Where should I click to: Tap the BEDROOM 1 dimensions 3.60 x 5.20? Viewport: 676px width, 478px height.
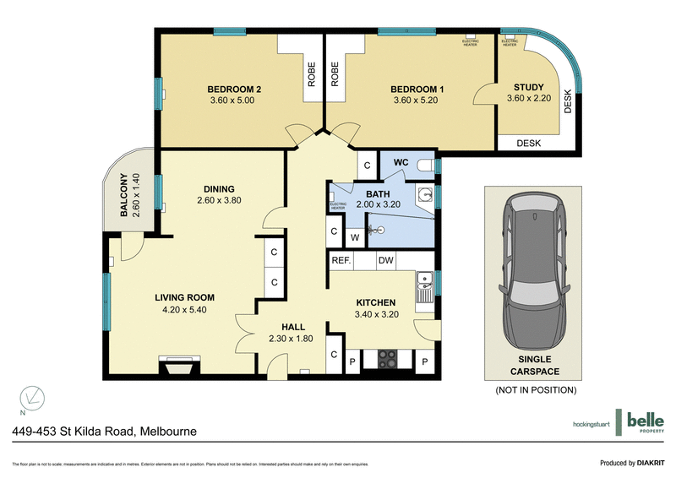(417, 100)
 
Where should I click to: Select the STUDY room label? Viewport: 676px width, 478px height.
(529, 88)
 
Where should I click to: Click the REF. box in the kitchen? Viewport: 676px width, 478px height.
(341, 261)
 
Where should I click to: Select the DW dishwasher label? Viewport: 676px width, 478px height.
(385, 261)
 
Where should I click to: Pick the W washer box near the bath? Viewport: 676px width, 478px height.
(355, 237)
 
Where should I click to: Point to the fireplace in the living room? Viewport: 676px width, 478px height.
(179, 366)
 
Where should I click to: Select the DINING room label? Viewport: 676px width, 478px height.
(218, 189)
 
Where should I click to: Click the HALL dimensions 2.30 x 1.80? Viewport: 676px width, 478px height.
(292, 339)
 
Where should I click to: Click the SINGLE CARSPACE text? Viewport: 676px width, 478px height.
(534, 365)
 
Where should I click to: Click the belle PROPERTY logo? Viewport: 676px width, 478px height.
(643, 423)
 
